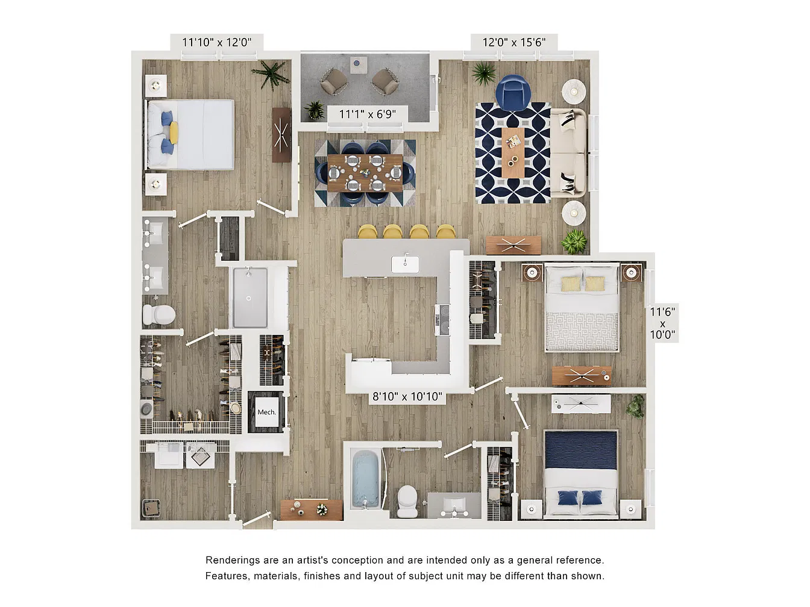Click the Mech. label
[266, 412]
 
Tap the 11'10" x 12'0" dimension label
[216, 42]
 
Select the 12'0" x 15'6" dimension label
[514, 42]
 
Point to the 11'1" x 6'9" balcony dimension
[368, 114]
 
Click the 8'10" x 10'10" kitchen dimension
[407, 397]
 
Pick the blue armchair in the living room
[513, 93]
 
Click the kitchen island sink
[405, 264]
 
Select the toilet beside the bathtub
[407, 501]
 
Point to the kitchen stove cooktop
[442, 320]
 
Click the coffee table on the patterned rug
[513, 152]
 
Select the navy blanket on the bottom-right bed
[581, 450]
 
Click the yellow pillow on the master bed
[174, 132]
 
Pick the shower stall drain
[249, 299]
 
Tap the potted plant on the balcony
[315, 110]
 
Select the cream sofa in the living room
[568, 152]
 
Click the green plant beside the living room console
[574, 241]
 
